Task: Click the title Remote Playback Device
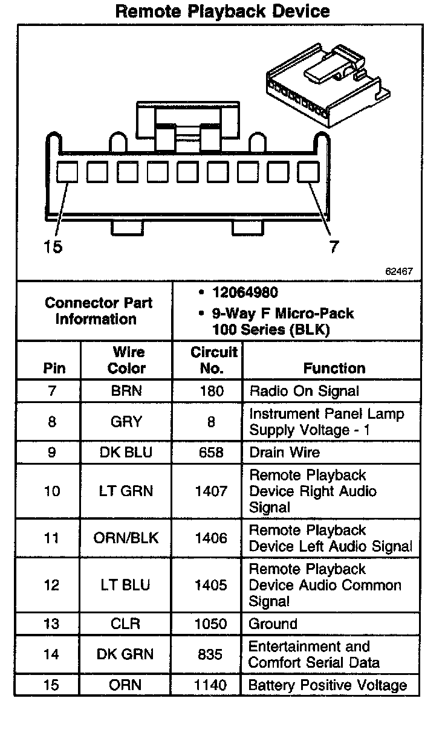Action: (222, 11)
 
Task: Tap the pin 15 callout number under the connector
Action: (53, 247)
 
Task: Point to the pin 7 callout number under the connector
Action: (334, 247)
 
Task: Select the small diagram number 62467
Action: (399, 271)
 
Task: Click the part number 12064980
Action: (245, 292)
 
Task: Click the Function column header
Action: (334, 368)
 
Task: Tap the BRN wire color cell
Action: (126, 391)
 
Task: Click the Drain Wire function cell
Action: (284, 453)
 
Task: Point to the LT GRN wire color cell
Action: (126, 491)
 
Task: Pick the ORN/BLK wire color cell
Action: (126, 538)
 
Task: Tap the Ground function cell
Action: (273, 624)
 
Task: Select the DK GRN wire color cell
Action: (126, 654)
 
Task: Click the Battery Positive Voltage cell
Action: (328, 685)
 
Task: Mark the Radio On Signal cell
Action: (304, 391)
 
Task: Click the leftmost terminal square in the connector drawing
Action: (67, 172)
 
